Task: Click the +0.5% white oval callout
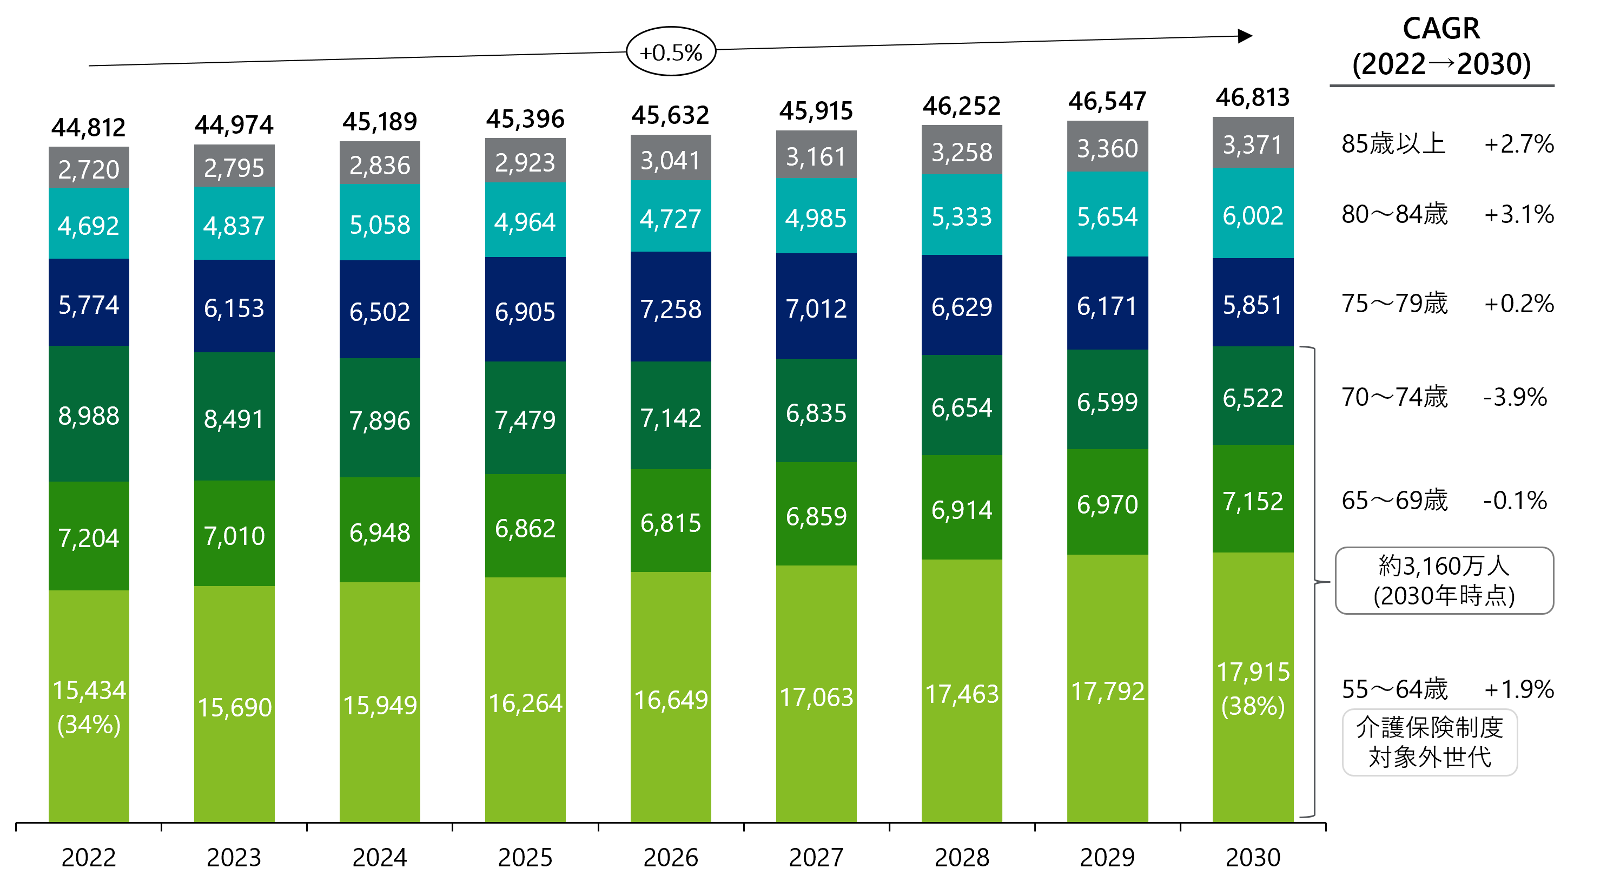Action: click(671, 52)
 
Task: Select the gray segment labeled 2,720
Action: click(89, 168)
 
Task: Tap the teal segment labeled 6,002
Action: click(1253, 215)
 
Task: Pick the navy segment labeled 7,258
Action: click(671, 308)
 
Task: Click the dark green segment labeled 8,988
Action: click(89, 415)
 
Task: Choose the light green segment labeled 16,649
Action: click(671, 699)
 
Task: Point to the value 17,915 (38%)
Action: click(1253, 689)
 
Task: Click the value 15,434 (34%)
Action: click(89, 707)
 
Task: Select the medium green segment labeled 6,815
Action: click(671, 522)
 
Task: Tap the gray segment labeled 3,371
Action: click(1253, 144)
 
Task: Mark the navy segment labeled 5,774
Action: click(89, 304)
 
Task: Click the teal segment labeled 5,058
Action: click(379, 223)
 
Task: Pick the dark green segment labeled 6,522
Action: click(1253, 397)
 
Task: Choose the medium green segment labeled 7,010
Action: click(234, 535)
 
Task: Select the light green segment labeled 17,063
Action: click(816, 696)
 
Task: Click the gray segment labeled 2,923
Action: click(525, 162)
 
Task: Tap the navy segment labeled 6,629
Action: click(961, 306)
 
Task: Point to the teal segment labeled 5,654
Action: click(1107, 216)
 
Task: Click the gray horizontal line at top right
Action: click(1441, 85)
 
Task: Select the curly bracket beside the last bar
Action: click(1314, 582)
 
